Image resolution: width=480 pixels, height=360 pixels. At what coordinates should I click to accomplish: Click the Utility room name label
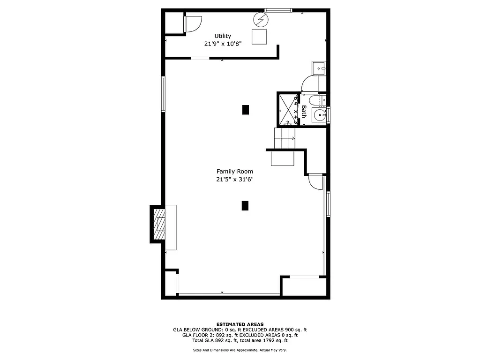[223, 36]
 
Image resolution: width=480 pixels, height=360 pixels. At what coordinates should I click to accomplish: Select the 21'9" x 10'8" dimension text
[223, 44]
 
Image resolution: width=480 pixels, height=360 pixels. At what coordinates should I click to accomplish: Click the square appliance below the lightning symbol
[259, 37]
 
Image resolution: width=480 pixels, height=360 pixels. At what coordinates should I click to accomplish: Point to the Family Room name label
[235, 172]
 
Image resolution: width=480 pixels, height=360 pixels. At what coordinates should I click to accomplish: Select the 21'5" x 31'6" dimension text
[235, 179]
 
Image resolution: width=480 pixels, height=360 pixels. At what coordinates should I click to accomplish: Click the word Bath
[304, 112]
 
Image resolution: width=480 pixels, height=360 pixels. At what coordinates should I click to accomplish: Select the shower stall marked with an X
[286, 110]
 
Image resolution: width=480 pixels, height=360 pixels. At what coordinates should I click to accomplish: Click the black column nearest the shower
[245, 110]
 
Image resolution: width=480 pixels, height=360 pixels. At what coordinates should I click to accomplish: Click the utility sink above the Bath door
[320, 68]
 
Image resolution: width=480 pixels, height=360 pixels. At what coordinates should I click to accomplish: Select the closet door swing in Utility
[193, 23]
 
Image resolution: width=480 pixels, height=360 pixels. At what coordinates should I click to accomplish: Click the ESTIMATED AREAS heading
[240, 324]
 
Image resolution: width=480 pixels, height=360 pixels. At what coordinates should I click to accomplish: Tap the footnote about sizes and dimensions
[240, 350]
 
